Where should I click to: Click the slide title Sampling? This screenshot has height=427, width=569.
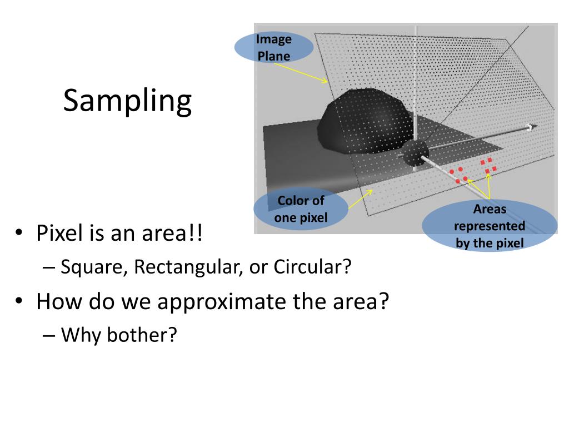tap(127, 101)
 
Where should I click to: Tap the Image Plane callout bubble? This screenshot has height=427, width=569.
tap(274, 48)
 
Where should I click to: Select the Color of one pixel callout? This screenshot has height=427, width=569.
tap(301, 209)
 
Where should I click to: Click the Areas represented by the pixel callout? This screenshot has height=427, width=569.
tap(490, 226)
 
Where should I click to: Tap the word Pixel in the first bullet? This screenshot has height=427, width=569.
tap(59, 233)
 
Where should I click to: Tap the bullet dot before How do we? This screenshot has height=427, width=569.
tap(19, 301)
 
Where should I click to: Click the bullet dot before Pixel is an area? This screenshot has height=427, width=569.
tap(19, 232)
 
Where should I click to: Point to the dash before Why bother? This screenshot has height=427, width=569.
tap(49, 335)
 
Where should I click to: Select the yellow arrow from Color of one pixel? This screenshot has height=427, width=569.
tap(360, 199)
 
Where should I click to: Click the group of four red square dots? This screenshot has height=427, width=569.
tap(488, 165)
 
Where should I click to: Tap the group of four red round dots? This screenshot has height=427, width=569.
tap(459, 175)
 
